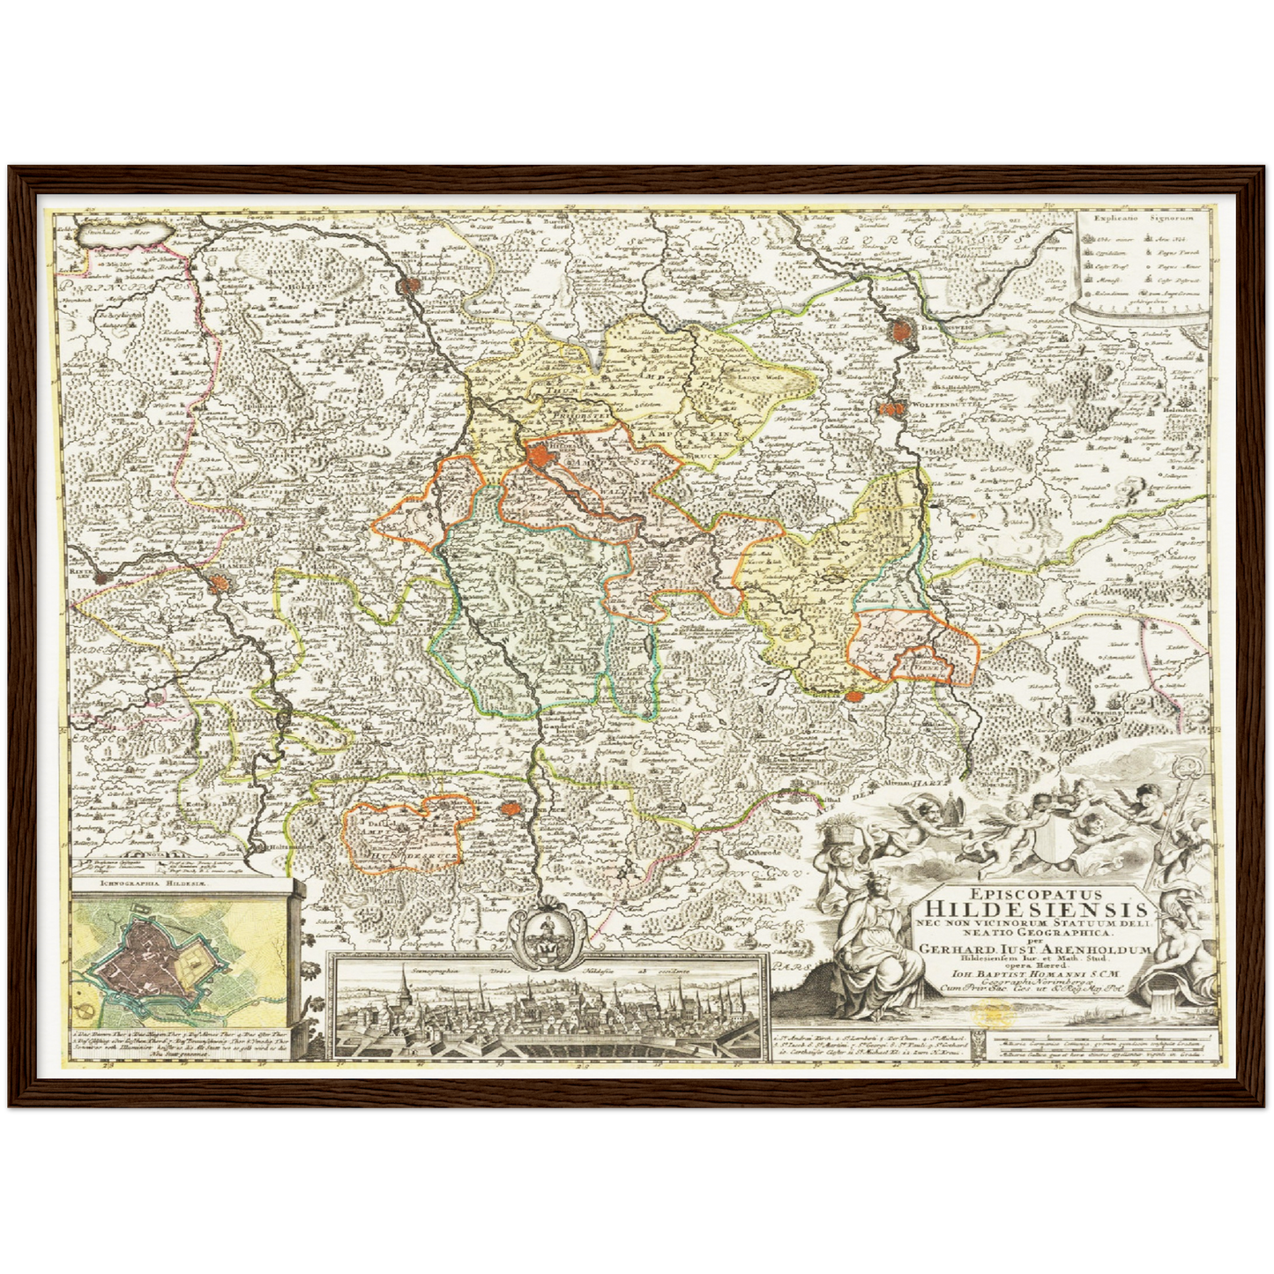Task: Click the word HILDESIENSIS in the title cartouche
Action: coord(1032,908)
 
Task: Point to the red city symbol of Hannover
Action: coord(410,285)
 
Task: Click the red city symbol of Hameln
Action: coord(219,583)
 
